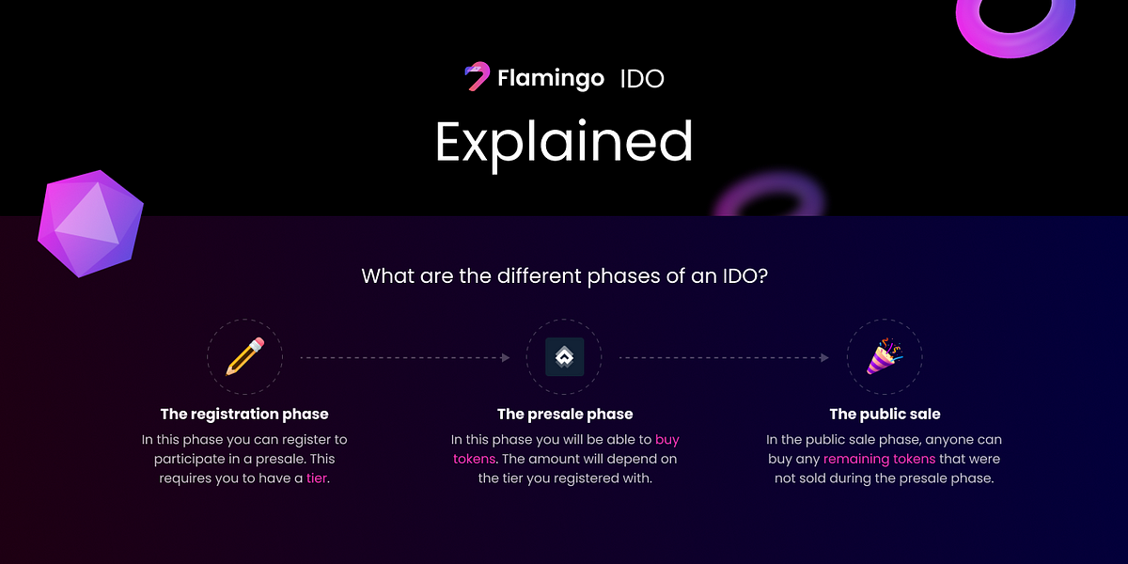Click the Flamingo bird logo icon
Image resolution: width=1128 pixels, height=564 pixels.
477,76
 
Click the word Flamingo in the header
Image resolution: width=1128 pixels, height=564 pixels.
551,79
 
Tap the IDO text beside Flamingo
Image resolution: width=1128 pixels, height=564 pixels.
642,79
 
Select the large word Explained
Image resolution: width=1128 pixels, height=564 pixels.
564,144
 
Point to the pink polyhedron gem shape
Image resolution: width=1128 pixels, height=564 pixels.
90,224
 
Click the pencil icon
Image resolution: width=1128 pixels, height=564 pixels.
244,356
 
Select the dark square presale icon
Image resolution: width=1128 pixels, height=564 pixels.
565,357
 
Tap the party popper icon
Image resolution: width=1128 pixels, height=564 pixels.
885,356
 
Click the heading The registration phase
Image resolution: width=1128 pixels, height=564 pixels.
244,414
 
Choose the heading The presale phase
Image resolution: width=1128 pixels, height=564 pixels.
565,414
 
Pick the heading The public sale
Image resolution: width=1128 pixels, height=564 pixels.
885,414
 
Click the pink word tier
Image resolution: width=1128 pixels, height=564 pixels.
316,478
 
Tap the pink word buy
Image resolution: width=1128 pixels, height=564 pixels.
667,440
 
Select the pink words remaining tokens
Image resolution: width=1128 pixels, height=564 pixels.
879,460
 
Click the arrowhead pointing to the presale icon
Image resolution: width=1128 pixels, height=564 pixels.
506,357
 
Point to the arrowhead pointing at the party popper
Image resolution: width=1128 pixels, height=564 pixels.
825,357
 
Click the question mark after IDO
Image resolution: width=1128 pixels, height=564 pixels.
762,276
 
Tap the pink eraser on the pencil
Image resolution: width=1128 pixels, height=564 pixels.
257,344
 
